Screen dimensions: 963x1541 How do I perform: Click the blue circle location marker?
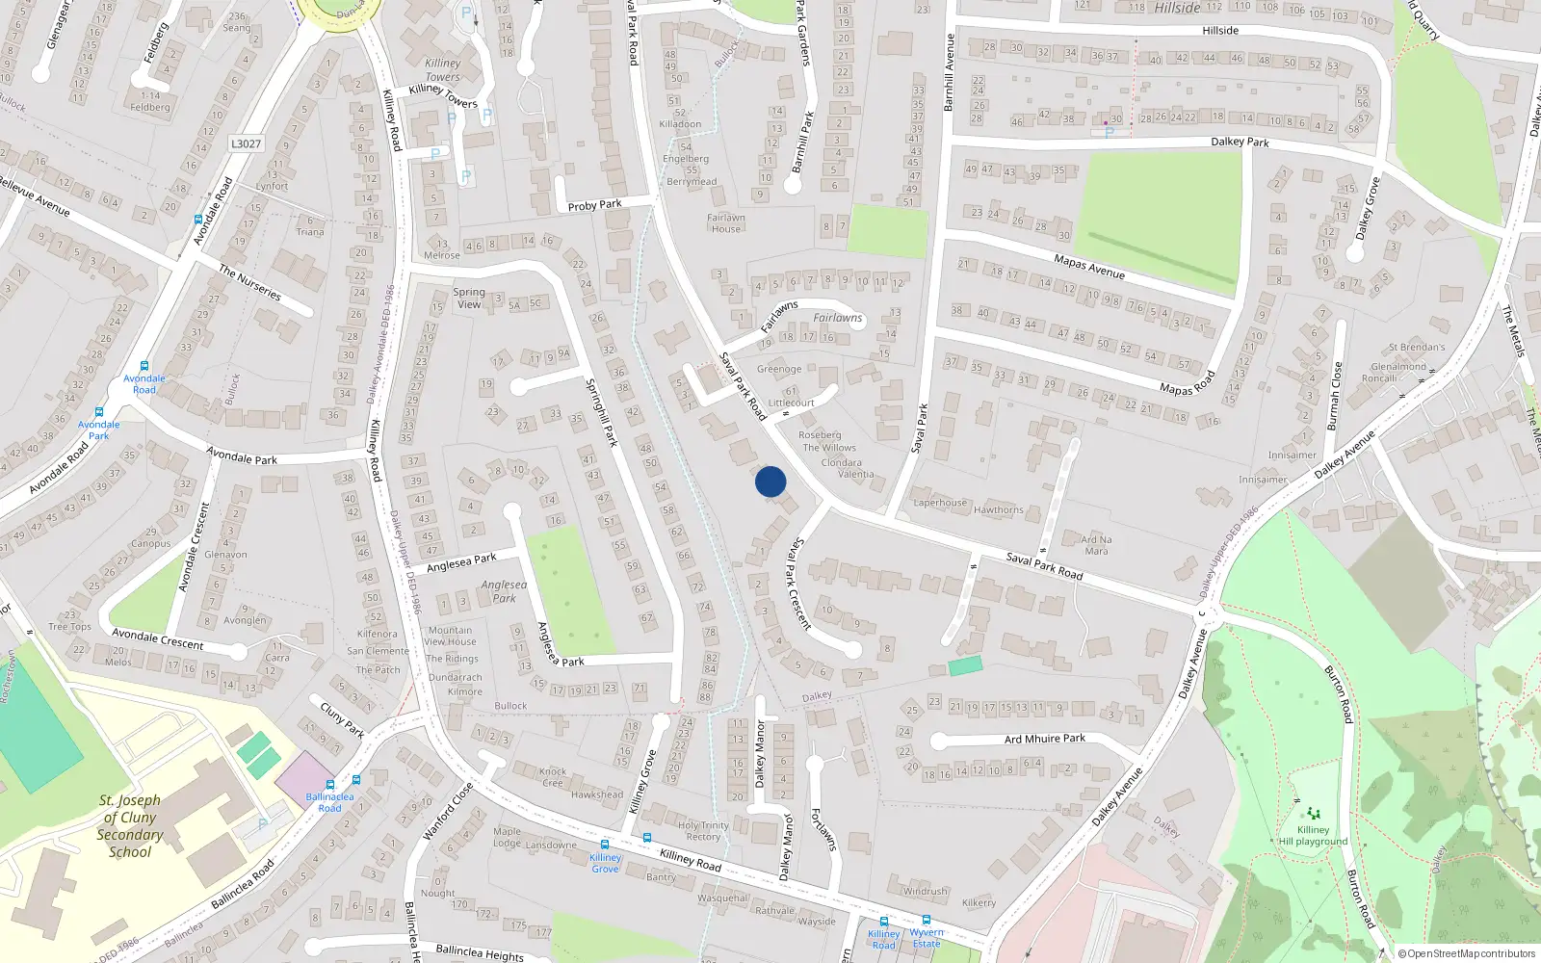point(770,481)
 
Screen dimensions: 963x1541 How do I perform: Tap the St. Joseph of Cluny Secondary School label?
point(130,826)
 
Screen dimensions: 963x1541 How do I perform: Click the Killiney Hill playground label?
point(1313,835)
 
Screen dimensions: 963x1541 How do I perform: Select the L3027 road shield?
point(246,143)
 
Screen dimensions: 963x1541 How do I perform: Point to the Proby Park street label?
point(594,205)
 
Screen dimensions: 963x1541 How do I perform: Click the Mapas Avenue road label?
point(1089,267)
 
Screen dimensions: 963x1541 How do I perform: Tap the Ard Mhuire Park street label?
point(1044,740)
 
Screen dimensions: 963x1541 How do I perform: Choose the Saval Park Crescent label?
point(800,584)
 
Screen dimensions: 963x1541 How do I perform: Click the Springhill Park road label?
point(601,411)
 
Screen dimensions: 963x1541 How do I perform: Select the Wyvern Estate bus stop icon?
point(927,920)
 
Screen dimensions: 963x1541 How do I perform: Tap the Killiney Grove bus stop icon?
point(605,845)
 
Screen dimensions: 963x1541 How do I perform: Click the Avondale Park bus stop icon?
point(99,411)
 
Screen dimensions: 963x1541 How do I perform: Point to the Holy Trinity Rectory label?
point(703,831)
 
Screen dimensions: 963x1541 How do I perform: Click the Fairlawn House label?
point(726,223)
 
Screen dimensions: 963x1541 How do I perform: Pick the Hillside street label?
point(1220,31)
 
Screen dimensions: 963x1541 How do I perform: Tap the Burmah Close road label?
point(1334,396)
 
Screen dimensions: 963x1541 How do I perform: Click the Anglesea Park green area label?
point(504,591)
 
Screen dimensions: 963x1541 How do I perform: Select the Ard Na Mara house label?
point(1096,545)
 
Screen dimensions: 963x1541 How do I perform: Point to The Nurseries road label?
point(249,282)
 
